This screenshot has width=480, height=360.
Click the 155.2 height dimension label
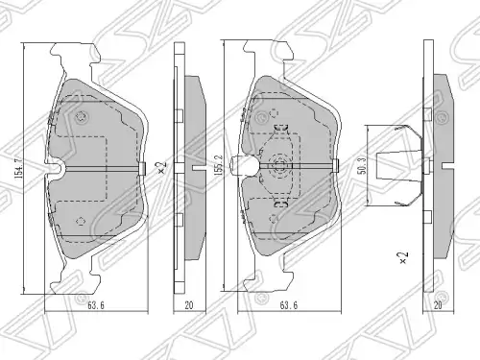point(219,165)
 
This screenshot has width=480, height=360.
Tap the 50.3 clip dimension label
point(363,165)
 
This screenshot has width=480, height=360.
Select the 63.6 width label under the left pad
point(96,305)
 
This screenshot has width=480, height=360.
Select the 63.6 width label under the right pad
point(289,305)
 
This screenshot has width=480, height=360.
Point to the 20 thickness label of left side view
point(189,305)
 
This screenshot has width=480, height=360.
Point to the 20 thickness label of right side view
point(438,305)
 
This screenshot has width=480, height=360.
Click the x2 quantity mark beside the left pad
point(163,167)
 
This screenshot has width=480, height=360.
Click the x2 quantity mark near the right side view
point(404,257)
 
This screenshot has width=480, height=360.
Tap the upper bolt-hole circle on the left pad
point(81,117)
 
